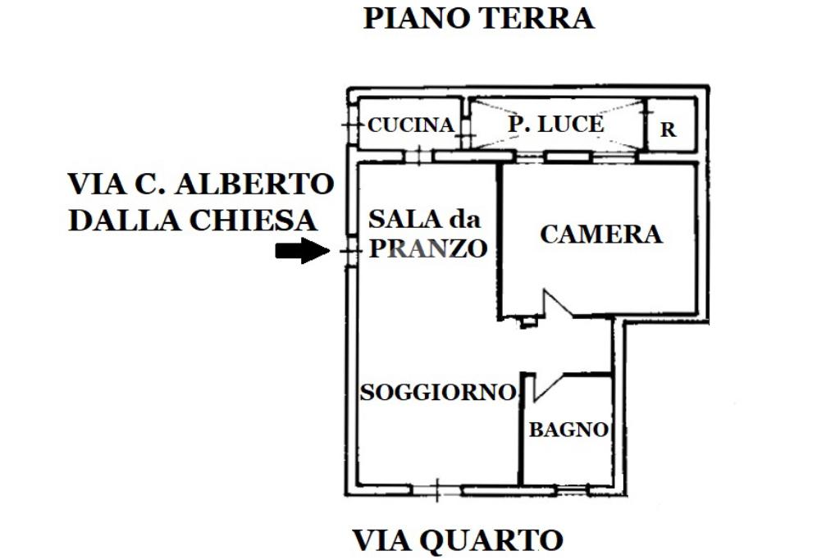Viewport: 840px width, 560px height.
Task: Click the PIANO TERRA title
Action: pyautogui.click(x=478, y=18)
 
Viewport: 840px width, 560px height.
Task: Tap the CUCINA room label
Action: pyautogui.click(x=410, y=125)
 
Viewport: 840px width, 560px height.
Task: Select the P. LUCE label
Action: pyautogui.click(x=555, y=125)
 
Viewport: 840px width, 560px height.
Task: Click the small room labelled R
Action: pyautogui.click(x=669, y=130)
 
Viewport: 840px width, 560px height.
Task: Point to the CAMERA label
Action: pyautogui.click(x=600, y=234)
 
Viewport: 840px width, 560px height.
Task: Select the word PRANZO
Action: pyautogui.click(x=427, y=248)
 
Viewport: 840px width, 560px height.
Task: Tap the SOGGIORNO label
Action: pyautogui.click(x=437, y=393)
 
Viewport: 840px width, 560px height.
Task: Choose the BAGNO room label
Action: pyautogui.click(x=568, y=430)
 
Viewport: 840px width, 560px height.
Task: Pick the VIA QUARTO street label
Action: pyautogui.click(x=458, y=541)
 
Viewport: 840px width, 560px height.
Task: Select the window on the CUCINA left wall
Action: pyautogui.click(x=351, y=125)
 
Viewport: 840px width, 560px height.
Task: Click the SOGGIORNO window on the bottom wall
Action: pyautogui.click(x=436, y=490)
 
